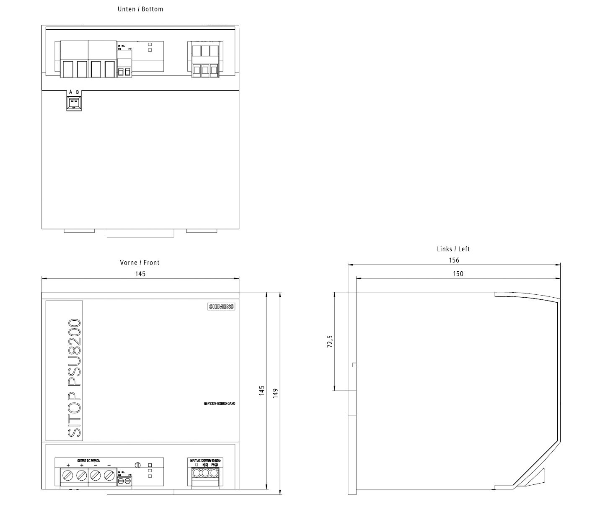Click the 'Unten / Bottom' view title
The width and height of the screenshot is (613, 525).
click(x=140, y=9)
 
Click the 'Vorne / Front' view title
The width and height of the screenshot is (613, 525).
click(x=140, y=262)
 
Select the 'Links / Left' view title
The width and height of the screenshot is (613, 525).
click(x=453, y=249)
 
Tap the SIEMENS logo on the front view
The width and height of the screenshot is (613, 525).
click(x=222, y=306)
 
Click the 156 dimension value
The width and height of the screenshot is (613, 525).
click(x=454, y=260)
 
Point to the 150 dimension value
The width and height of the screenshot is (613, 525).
click(x=458, y=273)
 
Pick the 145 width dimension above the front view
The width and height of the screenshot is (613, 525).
click(x=140, y=274)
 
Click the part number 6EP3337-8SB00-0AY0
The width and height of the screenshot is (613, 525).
click(x=220, y=404)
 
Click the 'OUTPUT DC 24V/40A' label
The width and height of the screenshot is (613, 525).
click(x=88, y=460)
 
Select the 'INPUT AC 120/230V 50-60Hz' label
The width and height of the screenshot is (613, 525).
click(x=205, y=460)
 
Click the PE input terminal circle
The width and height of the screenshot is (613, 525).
click(x=214, y=473)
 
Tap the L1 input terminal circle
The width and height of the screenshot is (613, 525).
click(x=196, y=473)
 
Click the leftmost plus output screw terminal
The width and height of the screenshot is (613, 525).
click(x=68, y=475)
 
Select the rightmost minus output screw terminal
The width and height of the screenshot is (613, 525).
click(x=109, y=475)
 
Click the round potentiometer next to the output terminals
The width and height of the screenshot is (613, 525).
click(x=138, y=465)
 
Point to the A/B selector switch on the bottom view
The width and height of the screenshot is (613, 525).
click(x=74, y=102)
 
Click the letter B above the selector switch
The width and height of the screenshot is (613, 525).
click(x=78, y=92)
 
